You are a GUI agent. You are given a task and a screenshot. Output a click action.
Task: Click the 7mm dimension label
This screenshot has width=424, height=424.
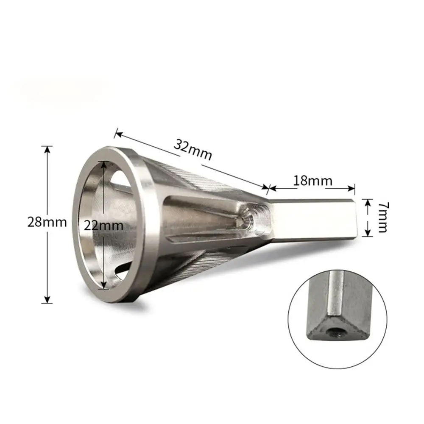[x=382, y=217]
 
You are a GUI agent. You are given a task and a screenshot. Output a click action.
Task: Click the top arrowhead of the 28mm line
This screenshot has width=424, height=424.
[x=47, y=149]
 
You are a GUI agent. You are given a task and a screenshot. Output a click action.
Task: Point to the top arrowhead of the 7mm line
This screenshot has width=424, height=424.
[x=367, y=201]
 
